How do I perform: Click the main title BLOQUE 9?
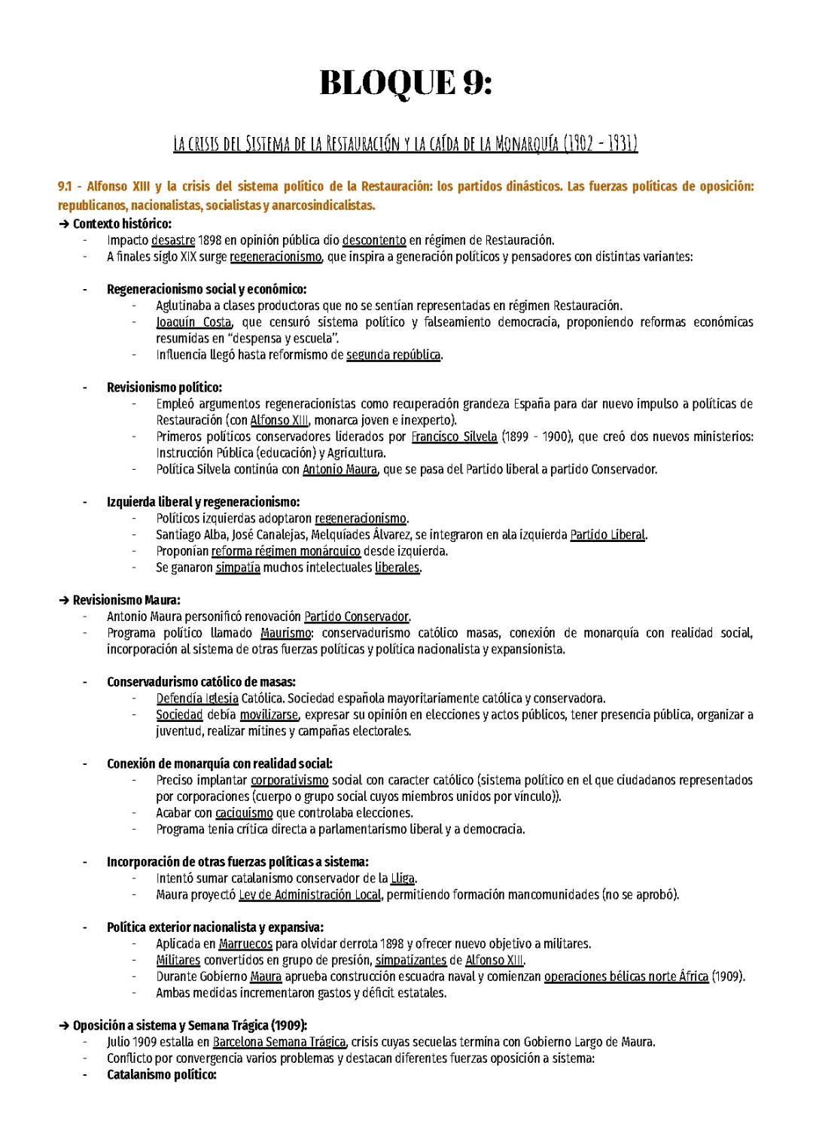coord(406,83)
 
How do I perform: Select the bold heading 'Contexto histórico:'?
coord(122,224)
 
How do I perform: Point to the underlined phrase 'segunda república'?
coord(393,355)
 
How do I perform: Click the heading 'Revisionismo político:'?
coord(164,388)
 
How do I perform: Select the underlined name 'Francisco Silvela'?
coord(454,437)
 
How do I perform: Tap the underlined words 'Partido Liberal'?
coord(607,535)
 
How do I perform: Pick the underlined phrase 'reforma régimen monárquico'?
coord(285,551)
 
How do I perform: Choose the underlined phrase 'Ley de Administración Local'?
coord(309,895)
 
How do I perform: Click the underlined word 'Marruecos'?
coord(245,944)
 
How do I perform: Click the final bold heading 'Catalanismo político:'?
coord(161,1075)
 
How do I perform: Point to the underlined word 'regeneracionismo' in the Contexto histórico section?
coord(276,257)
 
